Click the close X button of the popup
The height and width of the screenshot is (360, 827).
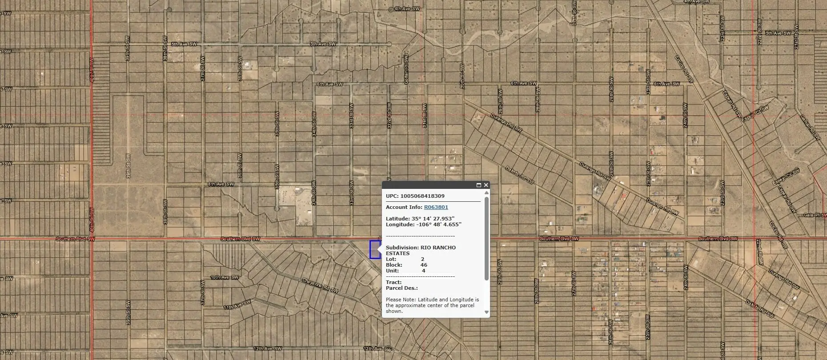coord(486,185)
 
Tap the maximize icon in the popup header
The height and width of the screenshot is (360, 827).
coord(479,185)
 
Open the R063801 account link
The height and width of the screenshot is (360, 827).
coord(436,207)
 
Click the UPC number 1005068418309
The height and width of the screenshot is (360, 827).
coord(422,196)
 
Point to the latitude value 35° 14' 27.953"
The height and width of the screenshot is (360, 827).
coord(433,219)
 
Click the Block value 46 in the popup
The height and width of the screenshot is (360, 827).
coord(424,265)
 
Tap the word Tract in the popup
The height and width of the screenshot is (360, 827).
coord(393,282)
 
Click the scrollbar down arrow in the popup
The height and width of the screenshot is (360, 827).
coord(486,312)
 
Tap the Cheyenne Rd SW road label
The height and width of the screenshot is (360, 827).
coord(320,285)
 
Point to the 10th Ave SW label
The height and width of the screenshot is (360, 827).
coord(225,277)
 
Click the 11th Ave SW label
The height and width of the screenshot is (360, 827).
coord(237,304)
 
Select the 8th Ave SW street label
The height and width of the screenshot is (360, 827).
coord(221,184)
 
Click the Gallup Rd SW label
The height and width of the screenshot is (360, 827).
coord(810,128)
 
